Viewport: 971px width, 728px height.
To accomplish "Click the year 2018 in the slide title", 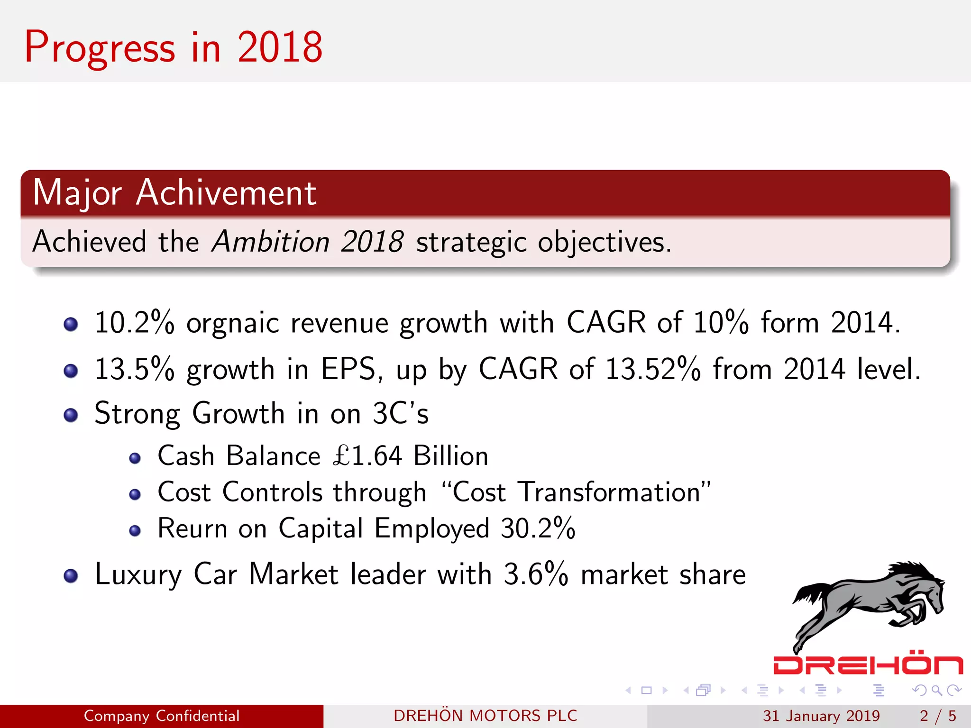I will click(280, 47).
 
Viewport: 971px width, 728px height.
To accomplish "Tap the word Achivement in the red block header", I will click(226, 193).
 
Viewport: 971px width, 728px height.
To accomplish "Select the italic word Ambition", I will click(271, 242).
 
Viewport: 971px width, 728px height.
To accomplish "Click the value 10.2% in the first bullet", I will click(134, 323).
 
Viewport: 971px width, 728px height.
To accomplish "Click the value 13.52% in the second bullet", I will click(653, 369).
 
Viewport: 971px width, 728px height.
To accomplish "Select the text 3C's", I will click(401, 413).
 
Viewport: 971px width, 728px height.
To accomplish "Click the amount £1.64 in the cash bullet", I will click(368, 456).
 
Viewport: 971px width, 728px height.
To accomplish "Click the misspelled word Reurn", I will click(192, 528).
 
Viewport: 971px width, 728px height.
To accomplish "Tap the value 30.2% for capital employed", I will click(538, 528).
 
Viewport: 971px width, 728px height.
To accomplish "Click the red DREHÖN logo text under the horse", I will click(868, 664).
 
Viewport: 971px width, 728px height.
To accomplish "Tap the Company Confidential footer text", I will click(162, 716).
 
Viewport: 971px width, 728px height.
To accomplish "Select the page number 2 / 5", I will click(937, 716).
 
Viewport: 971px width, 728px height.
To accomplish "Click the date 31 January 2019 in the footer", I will click(821, 716).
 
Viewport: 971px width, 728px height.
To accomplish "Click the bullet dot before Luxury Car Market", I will click(71, 576).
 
